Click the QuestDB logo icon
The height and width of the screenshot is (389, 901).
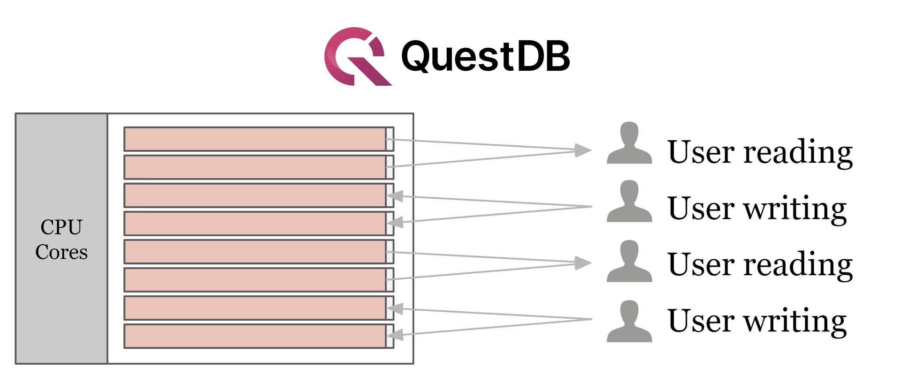pyautogui.click(x=357, y=56)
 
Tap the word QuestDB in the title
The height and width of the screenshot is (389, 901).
pyautogui.click(x=485, y=56)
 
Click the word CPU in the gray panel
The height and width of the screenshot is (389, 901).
pyautogui.click(x=61, y=227)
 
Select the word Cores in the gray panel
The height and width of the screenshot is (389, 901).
pyautogui.click(x=61, y=252)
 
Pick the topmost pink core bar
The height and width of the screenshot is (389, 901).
pyautogui.click(x=255, y=139)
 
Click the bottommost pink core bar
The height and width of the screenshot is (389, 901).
pyautogui.click(x=255, y=336)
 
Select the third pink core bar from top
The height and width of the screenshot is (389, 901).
pyautogui.click(x=255, y=195)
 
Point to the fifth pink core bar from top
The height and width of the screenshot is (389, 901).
pyautogui.click(x=255, y=252)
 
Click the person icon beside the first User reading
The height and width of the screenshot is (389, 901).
pyautogui.click(x=629, y=143)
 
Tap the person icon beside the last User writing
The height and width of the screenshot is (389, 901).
pyautogui.click(x=629, y=322)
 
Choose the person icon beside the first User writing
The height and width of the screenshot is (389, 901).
pyautogui.click(x=629, y=201)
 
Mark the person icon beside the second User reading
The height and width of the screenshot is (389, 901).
pyautogui.click(x=629, y=261)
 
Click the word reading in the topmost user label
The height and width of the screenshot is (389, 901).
pyautogui.click(x=798, y=152)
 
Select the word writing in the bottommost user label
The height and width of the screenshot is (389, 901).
pyautogui.click(x=795, y=321)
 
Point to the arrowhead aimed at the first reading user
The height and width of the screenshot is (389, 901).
pyautogui.click(x=583, y=150)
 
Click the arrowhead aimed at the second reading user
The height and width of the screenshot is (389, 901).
pyautogui.click(x=583, y=263)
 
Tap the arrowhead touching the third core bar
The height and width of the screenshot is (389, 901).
pyautogui.click(x=395, y=196)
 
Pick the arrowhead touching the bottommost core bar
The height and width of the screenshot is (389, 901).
pyautogui.click(x=395, y=335)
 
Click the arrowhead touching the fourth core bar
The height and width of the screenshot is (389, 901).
pyautogui.click(x=395, y=222)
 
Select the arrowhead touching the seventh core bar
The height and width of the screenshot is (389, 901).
pyautogui.click(x=395, y=308)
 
